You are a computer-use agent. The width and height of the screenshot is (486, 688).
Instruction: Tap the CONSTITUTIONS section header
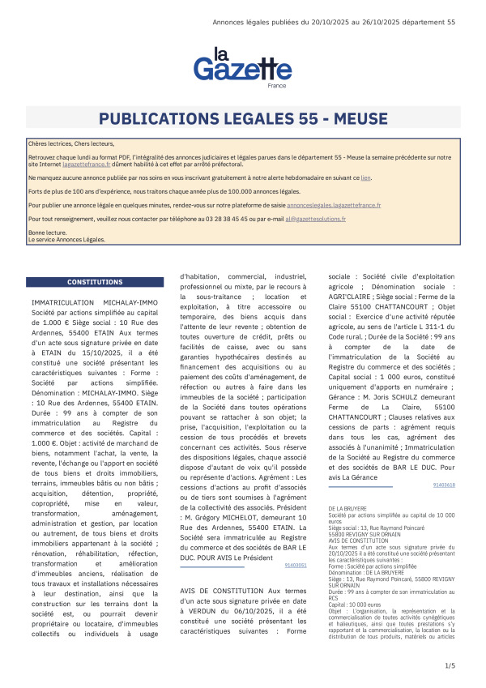point(90,283)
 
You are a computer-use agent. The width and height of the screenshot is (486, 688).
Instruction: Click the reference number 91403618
point(444,485)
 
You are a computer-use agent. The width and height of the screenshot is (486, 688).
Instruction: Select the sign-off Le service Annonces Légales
point(66,240)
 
